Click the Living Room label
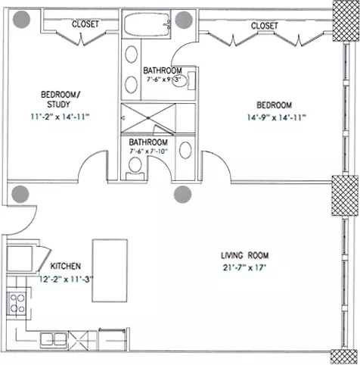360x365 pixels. (245, 255)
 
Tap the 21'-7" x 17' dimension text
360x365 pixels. (244, 267)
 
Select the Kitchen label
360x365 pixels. (66, 266)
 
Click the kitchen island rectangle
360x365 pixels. (110, 270)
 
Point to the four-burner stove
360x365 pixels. (17, 304)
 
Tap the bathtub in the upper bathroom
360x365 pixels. (147, 24)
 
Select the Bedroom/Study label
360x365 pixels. (61, 99)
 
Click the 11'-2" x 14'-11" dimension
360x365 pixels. (61, 117)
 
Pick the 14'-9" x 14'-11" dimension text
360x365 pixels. (276, 117)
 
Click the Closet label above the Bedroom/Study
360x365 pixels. (85, 24)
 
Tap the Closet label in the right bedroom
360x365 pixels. (265, 26)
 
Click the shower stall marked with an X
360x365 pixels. (148, 118)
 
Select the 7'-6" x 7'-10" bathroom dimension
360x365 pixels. (149, 151)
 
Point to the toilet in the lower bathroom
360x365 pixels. (135, 167)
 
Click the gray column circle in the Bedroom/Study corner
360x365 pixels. (21, 20)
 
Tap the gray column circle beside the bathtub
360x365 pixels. (184, 20)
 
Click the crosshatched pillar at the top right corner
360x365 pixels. (346, 20)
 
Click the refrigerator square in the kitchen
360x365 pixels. (20, 259)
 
